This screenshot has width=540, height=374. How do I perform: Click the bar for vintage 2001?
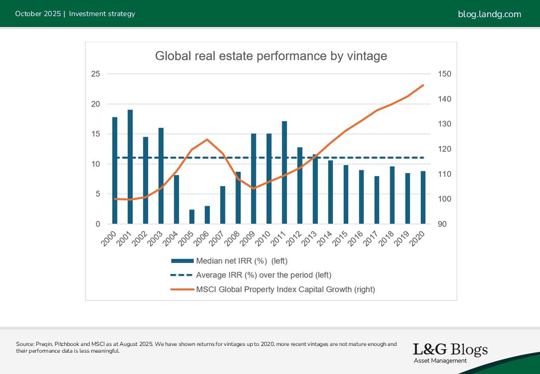(x=130, y=167)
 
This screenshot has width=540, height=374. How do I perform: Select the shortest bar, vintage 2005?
(x=192, y=217)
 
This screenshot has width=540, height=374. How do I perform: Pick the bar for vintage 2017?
(x=377, y=200)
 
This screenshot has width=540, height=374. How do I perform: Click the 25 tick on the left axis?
(x=95, y=74)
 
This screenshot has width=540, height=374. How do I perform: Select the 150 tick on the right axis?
(x=445, y=74)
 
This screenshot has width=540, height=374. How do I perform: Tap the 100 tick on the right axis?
(x=445, y=199)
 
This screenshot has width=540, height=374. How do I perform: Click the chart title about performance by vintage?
(x=271, y=56)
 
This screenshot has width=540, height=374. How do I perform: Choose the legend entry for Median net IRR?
(x=241, y=261)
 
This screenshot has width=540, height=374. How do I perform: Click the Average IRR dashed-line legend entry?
(x=263, y=275)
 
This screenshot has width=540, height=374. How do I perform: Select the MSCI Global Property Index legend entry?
(x=285, y=289)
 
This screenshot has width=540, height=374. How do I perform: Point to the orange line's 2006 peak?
(x=207, y=139)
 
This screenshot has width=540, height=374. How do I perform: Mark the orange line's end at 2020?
(x=423, y=85)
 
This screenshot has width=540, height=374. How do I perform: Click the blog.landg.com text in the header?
(x=489, y=14)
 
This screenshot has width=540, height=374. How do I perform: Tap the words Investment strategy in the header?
(x=102, y=14)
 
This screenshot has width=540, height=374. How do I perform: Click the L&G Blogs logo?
(x=450, y=352)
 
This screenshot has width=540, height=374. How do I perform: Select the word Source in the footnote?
(x=25, y=344)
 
